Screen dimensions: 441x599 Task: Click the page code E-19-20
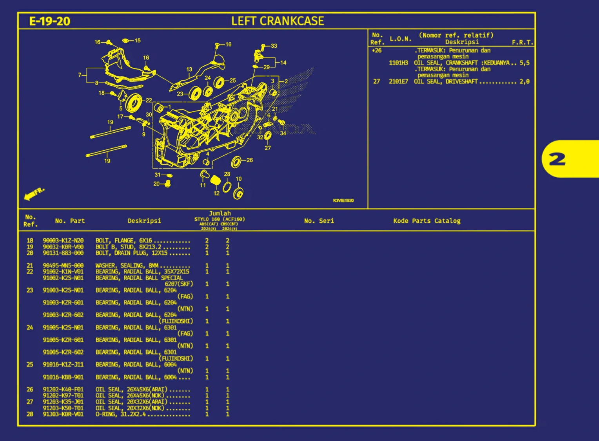tap(50, 21)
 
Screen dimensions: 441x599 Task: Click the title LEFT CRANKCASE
tap(278, 21)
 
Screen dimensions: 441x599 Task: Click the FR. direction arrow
tap(34, 194)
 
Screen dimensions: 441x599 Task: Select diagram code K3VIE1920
tap(343, 200)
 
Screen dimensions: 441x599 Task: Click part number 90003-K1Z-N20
tap(63, 241)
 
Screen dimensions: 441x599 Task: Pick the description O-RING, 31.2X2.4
tap(121, 414)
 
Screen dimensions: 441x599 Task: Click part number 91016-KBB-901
tap(63, 377)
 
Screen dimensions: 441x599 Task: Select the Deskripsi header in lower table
tap(144, 221)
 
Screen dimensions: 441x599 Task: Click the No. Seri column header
tap(319, 221)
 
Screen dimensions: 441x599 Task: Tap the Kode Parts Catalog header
tap(427, 221)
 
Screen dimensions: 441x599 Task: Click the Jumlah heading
tap(220, 213)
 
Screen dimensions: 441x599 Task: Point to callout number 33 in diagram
tap(274, 46)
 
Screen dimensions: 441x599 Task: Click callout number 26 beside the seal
tap(249, 160)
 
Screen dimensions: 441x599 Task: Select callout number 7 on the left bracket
tap(80, 75)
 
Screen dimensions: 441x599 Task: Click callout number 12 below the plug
tap(216, 193)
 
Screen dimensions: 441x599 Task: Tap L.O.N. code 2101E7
tap(398, 81)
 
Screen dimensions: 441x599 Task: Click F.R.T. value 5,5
tap(525, 63)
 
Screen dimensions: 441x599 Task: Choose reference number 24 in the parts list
tap(30, 328)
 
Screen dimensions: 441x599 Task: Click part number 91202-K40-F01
tap(63, 389)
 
